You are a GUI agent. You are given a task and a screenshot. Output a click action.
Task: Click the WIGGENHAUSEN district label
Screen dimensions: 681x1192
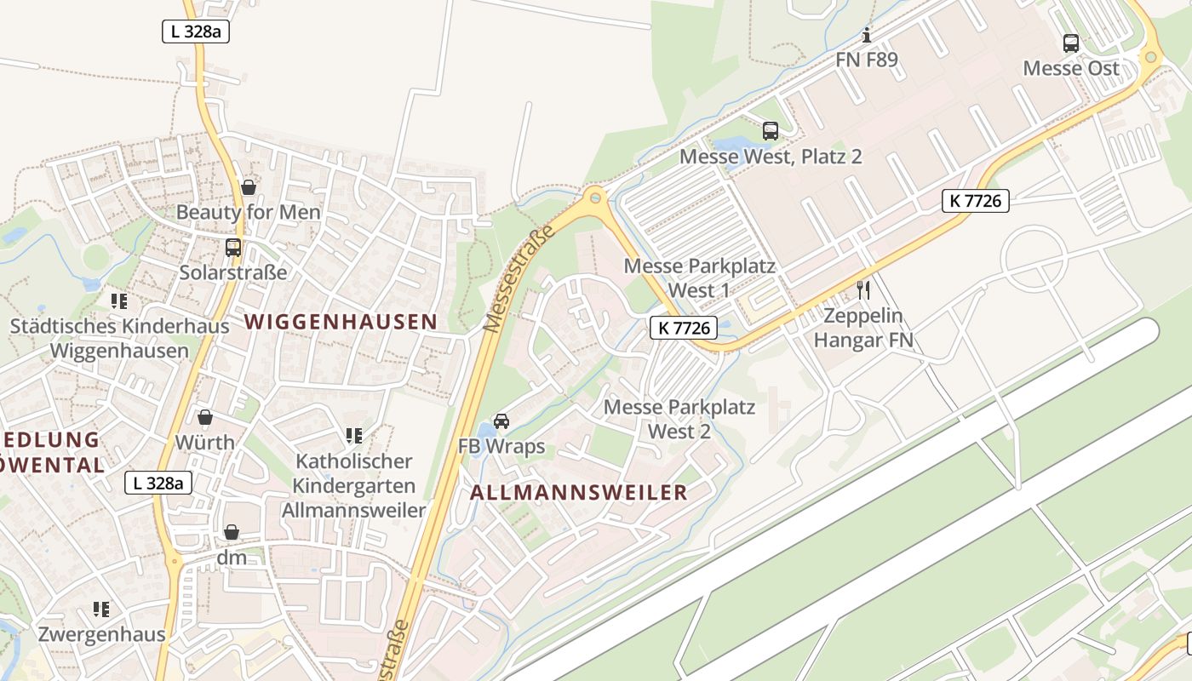341,322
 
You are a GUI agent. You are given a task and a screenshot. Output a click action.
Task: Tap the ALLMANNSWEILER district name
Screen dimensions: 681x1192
579,493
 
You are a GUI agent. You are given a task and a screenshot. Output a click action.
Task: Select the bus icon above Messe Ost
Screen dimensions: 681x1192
1071,43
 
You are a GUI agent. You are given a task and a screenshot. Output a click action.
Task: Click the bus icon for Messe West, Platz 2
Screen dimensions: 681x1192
771,130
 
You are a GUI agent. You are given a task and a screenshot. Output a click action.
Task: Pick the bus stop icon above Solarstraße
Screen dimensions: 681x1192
232,247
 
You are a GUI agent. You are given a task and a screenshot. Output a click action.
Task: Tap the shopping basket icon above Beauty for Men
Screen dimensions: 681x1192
248,186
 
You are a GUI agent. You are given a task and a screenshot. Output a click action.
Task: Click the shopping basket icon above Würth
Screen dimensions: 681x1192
205,417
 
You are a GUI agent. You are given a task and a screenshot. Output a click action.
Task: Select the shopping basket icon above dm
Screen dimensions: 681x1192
231,532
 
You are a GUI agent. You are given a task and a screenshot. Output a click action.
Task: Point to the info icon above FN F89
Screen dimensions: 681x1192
867,35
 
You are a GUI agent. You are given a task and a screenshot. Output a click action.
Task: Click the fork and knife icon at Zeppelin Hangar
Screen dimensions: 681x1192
863,290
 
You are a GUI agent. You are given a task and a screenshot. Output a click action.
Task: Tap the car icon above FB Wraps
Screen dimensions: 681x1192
501,421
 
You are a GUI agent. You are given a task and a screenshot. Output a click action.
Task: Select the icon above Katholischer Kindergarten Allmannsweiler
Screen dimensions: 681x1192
354,436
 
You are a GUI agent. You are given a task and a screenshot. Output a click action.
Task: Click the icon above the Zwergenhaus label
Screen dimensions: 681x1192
101,609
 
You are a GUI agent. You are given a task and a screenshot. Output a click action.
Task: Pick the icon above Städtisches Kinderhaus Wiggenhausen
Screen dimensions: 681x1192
119,300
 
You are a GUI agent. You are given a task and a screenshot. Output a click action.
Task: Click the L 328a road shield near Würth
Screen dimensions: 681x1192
158,483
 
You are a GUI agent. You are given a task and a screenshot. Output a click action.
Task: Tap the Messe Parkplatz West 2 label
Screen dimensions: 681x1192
679,419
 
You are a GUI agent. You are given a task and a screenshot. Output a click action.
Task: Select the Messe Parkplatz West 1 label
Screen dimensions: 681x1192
700,278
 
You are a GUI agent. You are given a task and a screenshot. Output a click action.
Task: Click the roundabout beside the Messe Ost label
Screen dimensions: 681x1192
1150,57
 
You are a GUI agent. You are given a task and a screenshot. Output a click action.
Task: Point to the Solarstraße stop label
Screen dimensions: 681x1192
233,272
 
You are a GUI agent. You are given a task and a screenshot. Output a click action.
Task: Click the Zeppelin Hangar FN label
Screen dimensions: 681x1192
863,328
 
